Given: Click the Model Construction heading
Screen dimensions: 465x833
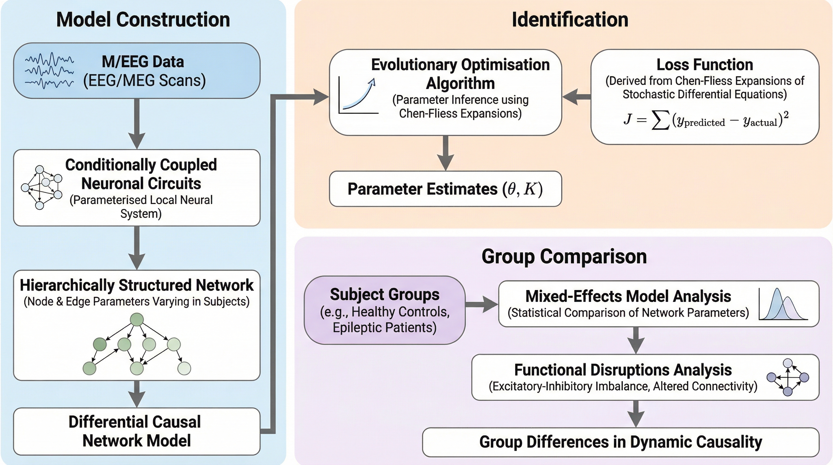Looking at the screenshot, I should pyautogui.click(x=143, y=19).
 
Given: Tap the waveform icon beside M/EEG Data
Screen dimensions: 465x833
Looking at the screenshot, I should pyautogui.click(x=49, y=71).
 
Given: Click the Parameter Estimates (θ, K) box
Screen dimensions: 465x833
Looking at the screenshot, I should pyautogui.click(x=445, y=189).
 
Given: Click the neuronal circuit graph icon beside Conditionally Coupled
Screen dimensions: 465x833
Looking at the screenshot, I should pyautogui.click(x=41, y=188).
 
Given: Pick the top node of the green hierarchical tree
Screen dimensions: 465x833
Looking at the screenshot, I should pyautogui.click(x=137, y=319).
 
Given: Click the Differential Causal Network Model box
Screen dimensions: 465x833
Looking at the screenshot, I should pyautogui.click(x=137, y=431).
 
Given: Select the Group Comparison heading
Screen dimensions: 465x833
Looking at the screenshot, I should pyautogui.click(x=564, y=256).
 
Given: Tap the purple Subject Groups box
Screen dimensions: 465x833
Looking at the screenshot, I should pyautogui.click(x=384, y=310).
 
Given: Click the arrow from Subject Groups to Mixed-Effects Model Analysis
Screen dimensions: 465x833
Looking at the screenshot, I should pyautogui.click(x=482, y=304).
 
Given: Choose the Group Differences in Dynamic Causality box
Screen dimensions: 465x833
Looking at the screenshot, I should pyautogui.click(x=621, y=442).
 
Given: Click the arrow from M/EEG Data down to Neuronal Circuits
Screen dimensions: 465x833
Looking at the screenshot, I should pyautogui.click(x=137, y=123).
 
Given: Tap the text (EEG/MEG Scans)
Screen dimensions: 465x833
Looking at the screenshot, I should pyautogui.click(x=144, y=81).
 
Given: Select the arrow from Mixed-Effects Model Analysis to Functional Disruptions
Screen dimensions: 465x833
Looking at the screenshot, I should pyautogui.click(x=636, y=340).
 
